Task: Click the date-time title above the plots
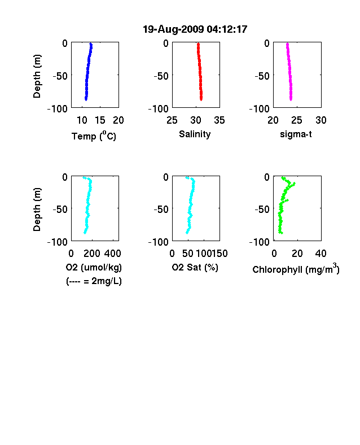195,29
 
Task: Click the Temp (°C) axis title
94,136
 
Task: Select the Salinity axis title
195,134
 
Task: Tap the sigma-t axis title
296,134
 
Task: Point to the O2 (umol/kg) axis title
94,267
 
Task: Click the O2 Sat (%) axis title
195,267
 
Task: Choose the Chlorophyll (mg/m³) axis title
296,268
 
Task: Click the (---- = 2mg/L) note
94,281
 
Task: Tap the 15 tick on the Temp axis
100,120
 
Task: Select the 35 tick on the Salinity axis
219,120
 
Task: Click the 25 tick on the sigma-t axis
297,120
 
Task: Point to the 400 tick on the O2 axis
112,254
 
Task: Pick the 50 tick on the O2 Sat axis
188,254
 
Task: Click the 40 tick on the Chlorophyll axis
321,254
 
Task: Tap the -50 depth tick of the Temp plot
60,76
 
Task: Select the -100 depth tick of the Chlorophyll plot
260,242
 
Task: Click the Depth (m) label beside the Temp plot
37,76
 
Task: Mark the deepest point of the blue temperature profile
86,99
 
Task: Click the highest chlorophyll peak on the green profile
294,184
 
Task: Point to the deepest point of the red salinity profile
201,99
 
